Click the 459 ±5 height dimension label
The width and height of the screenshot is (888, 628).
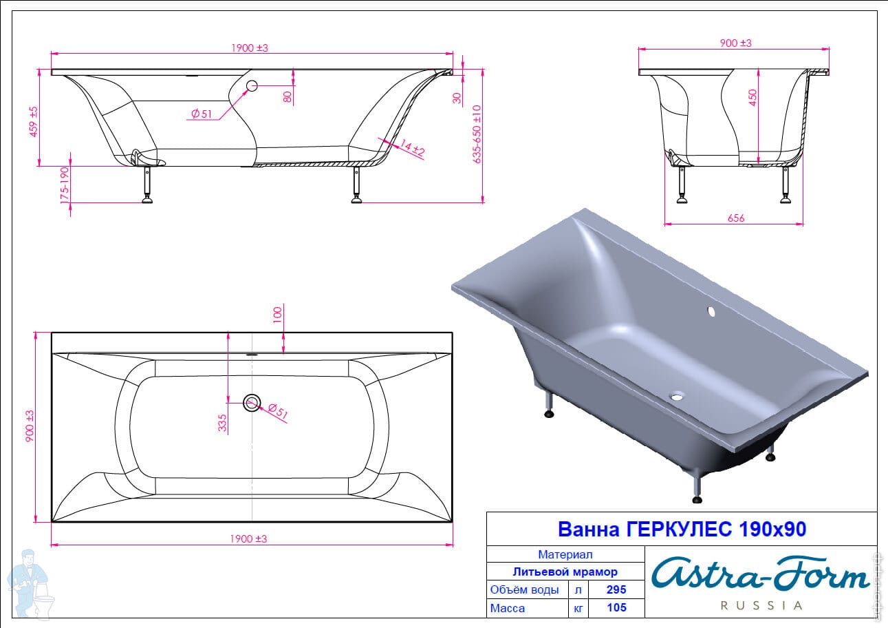point(34,121)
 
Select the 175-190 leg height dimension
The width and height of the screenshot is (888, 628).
point(64,185)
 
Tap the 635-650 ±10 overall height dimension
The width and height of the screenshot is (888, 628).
point(477,134)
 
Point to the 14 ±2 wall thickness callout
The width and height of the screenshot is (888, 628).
point(412,148)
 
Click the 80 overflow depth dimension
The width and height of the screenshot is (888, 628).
point(288,96)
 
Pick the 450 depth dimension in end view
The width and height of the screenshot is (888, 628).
point(752,98)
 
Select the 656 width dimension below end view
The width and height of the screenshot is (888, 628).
point(736,218)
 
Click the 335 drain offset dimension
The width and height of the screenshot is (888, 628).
point(222,422)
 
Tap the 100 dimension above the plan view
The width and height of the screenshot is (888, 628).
point(277,315)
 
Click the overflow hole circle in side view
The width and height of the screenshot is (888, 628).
point(252,86)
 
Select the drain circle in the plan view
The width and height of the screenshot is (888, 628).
point(252,403)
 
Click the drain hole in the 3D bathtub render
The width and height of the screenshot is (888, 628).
point(676,395)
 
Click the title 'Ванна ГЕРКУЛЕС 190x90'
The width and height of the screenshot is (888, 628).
point(682,529)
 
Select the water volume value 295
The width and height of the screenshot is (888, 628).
point(616,589)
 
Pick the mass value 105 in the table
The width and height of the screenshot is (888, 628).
point(616,607)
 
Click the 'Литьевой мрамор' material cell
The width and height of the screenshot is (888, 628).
point(565,572)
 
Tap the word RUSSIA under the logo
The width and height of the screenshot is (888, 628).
point(761,606)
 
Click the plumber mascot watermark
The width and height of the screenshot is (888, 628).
point(30,585)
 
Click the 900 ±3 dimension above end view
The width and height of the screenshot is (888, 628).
point(736,43)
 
